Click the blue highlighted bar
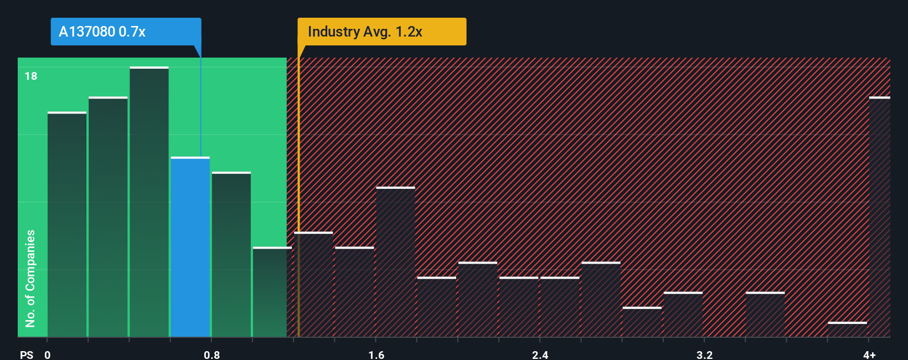190,248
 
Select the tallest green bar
149,202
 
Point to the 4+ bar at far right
879,217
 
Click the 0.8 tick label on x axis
211,354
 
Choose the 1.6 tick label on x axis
376,354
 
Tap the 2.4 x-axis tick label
540,354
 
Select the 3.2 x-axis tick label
704,354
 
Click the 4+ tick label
869,354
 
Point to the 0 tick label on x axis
48,354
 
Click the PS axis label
27,354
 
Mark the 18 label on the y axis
31,76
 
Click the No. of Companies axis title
30,278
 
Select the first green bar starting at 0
67,225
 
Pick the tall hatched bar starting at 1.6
395,263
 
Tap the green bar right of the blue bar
231,255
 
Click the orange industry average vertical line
298,194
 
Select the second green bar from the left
108,217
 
